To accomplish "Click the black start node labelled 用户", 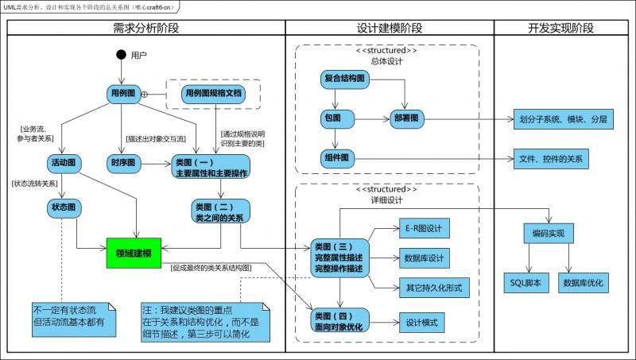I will [x=121, y=55].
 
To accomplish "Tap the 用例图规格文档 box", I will [x=213, y=94].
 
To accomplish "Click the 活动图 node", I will [x=63, y=163].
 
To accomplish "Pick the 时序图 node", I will [x=121, y=163].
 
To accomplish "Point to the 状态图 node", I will [x=63, y=208].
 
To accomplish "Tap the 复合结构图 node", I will [x=344, y=78].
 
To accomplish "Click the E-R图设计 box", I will [x=424, y=229].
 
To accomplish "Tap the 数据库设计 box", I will [x=424, y=257].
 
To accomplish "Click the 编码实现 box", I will [x=549, y=234].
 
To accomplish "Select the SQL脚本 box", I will [x=525, y=281].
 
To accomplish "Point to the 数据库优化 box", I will [x=583, y=281].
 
